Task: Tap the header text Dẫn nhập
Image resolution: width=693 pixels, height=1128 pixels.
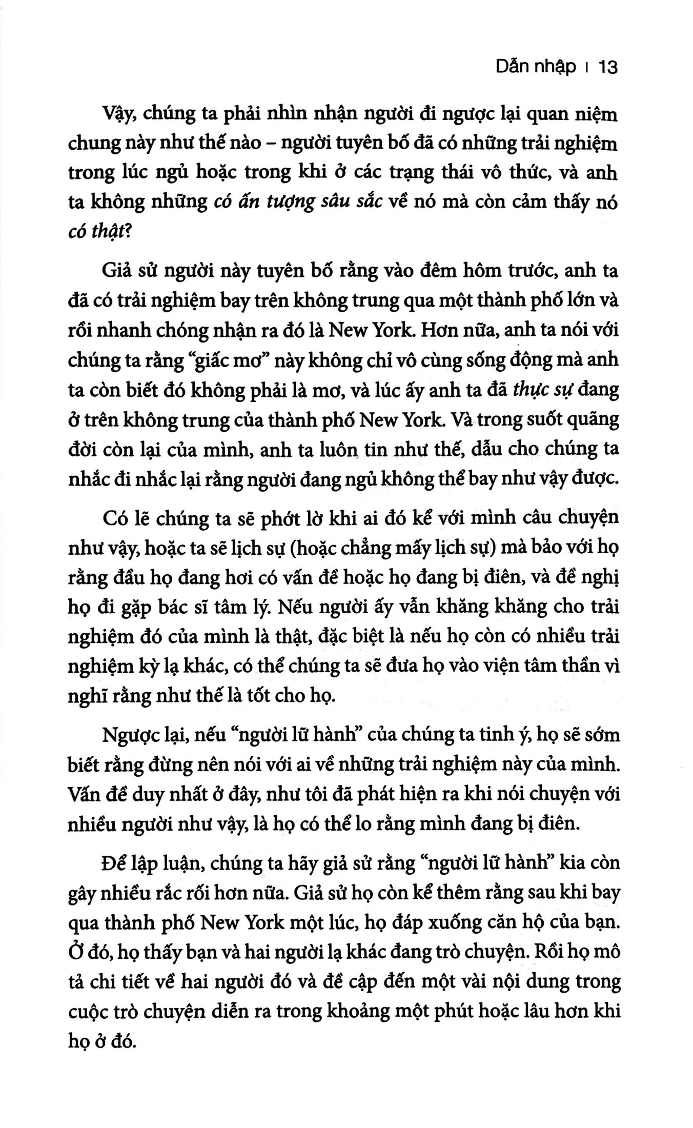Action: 536,68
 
